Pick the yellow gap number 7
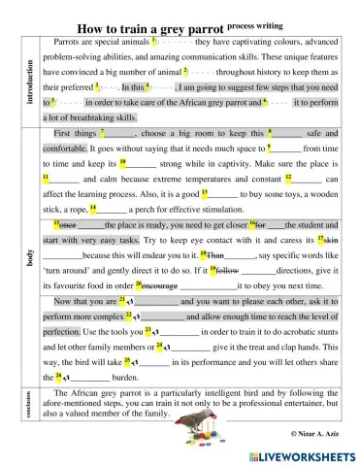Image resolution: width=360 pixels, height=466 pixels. coord(102,131)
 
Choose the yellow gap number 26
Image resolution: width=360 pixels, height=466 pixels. coord(59,376)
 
